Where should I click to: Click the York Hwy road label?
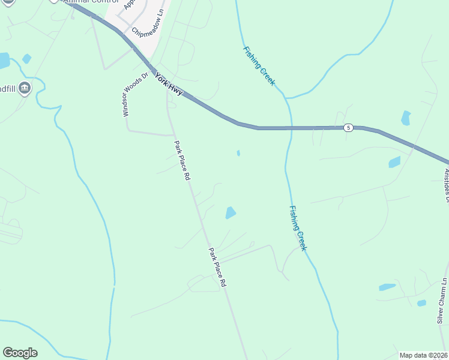(x=169, y=83)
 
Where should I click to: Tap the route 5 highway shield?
(x=348, y=128)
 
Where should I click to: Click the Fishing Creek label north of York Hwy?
(x=259, y=66)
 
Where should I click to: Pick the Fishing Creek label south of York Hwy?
(x=298, y=228)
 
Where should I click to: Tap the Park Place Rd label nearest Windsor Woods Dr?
(x=182, y=161)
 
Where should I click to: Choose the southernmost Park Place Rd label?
(x=217, y=266)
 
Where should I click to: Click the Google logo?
(x=20, y=353)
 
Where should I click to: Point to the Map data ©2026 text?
(x=424, y=355)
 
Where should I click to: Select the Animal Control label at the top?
(x=84, y=2)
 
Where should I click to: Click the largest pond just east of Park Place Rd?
(x=231, y=212)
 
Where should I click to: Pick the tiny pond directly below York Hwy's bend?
(x=238, y=153)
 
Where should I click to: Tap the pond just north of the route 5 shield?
(x=406, y=118)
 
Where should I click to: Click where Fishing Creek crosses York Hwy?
(x=291, y=128)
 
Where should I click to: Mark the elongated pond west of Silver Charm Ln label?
(x=387, y=287)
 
